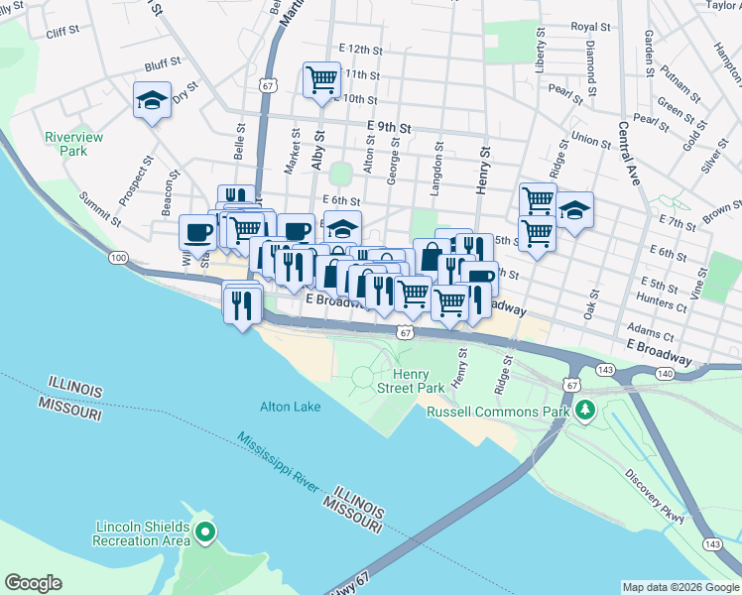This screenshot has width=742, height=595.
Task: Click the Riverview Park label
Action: tap(65, 144)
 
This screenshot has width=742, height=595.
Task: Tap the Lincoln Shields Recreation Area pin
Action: tap(205, 534)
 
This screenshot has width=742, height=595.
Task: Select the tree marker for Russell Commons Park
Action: tap(585, 409)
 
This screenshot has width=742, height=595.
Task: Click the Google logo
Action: tap(33, 583)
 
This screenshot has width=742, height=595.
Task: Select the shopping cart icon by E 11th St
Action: tap(321, 79)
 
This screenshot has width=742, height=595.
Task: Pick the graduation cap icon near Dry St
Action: tap(152, 98)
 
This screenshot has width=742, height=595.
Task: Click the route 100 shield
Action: tap(119, 258)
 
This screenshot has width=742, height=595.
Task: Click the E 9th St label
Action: tap(388, 126)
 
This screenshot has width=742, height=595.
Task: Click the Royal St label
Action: tap(590, 27)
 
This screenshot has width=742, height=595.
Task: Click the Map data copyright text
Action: tap(680, 587)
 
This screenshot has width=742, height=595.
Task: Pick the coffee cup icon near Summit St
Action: tap(196, 231)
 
